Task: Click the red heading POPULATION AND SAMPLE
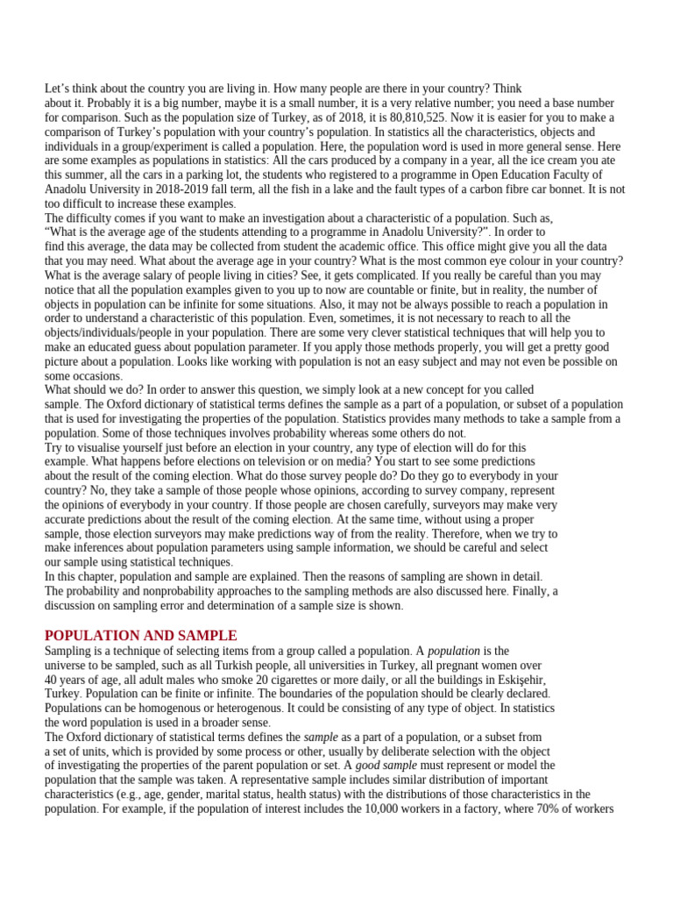click(x=140, y=635)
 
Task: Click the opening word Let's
click(x=59, y=89)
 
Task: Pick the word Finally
click(x=517, y=591)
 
